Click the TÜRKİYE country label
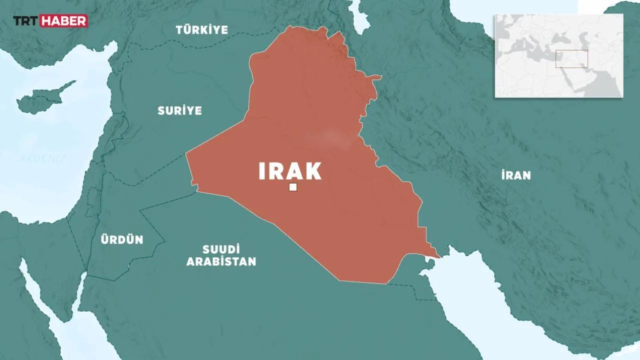click(x=202, y=29)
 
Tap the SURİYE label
click(x=179, y=110)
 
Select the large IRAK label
click(x=290, y=171)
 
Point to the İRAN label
click(x=515, y=175)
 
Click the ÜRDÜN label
click(x=121, y=240)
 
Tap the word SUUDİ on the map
click(x=221, y=249)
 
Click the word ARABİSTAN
click(x=221, y=261)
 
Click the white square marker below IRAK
click(x=293, y=187)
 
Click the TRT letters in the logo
click(x=25, y=21)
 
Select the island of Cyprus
click(x=42, y=100)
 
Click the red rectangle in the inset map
click(x=571, y=59)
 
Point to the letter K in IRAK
click(x=313, y=171)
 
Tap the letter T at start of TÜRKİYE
click(x=178, y=30)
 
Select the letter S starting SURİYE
click(x=161, y=110)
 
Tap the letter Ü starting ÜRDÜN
click(x=103, y=239)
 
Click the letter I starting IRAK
click(x=261, y=171)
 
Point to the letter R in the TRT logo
click(x=25, y=21)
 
